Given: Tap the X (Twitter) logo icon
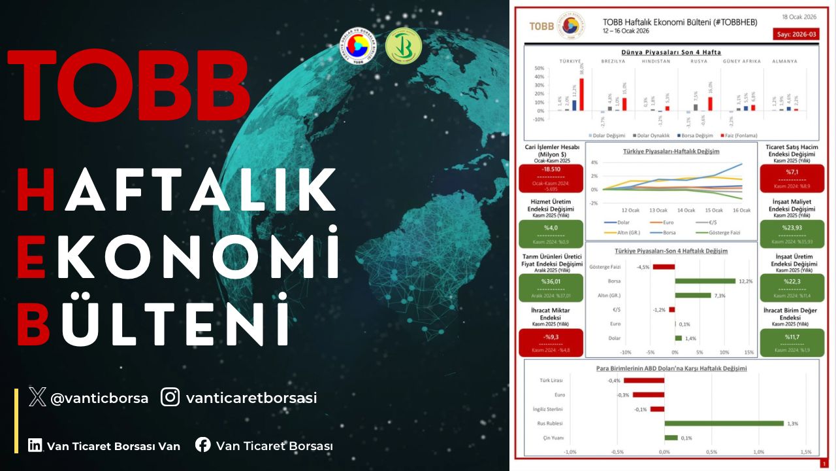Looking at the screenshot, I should click(x=37, y=396).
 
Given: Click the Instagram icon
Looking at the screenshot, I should click(x=170, y=396).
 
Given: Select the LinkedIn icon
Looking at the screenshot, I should click(x=35, y=445).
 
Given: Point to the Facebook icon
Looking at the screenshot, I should click(x=203, y=445).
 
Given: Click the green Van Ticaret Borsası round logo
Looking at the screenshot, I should click(x=403, y=47).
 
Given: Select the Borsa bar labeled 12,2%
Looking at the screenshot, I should click(x=705, y=281).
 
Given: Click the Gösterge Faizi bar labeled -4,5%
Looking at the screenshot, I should click(x=664, y=267).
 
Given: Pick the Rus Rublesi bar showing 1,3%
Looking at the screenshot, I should click(x=724, y=423).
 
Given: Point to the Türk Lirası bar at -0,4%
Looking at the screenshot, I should click(x=644, y=380).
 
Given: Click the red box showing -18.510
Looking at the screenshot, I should click(x=553, y=176).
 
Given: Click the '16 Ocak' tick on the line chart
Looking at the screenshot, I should click(x=741, y=210).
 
